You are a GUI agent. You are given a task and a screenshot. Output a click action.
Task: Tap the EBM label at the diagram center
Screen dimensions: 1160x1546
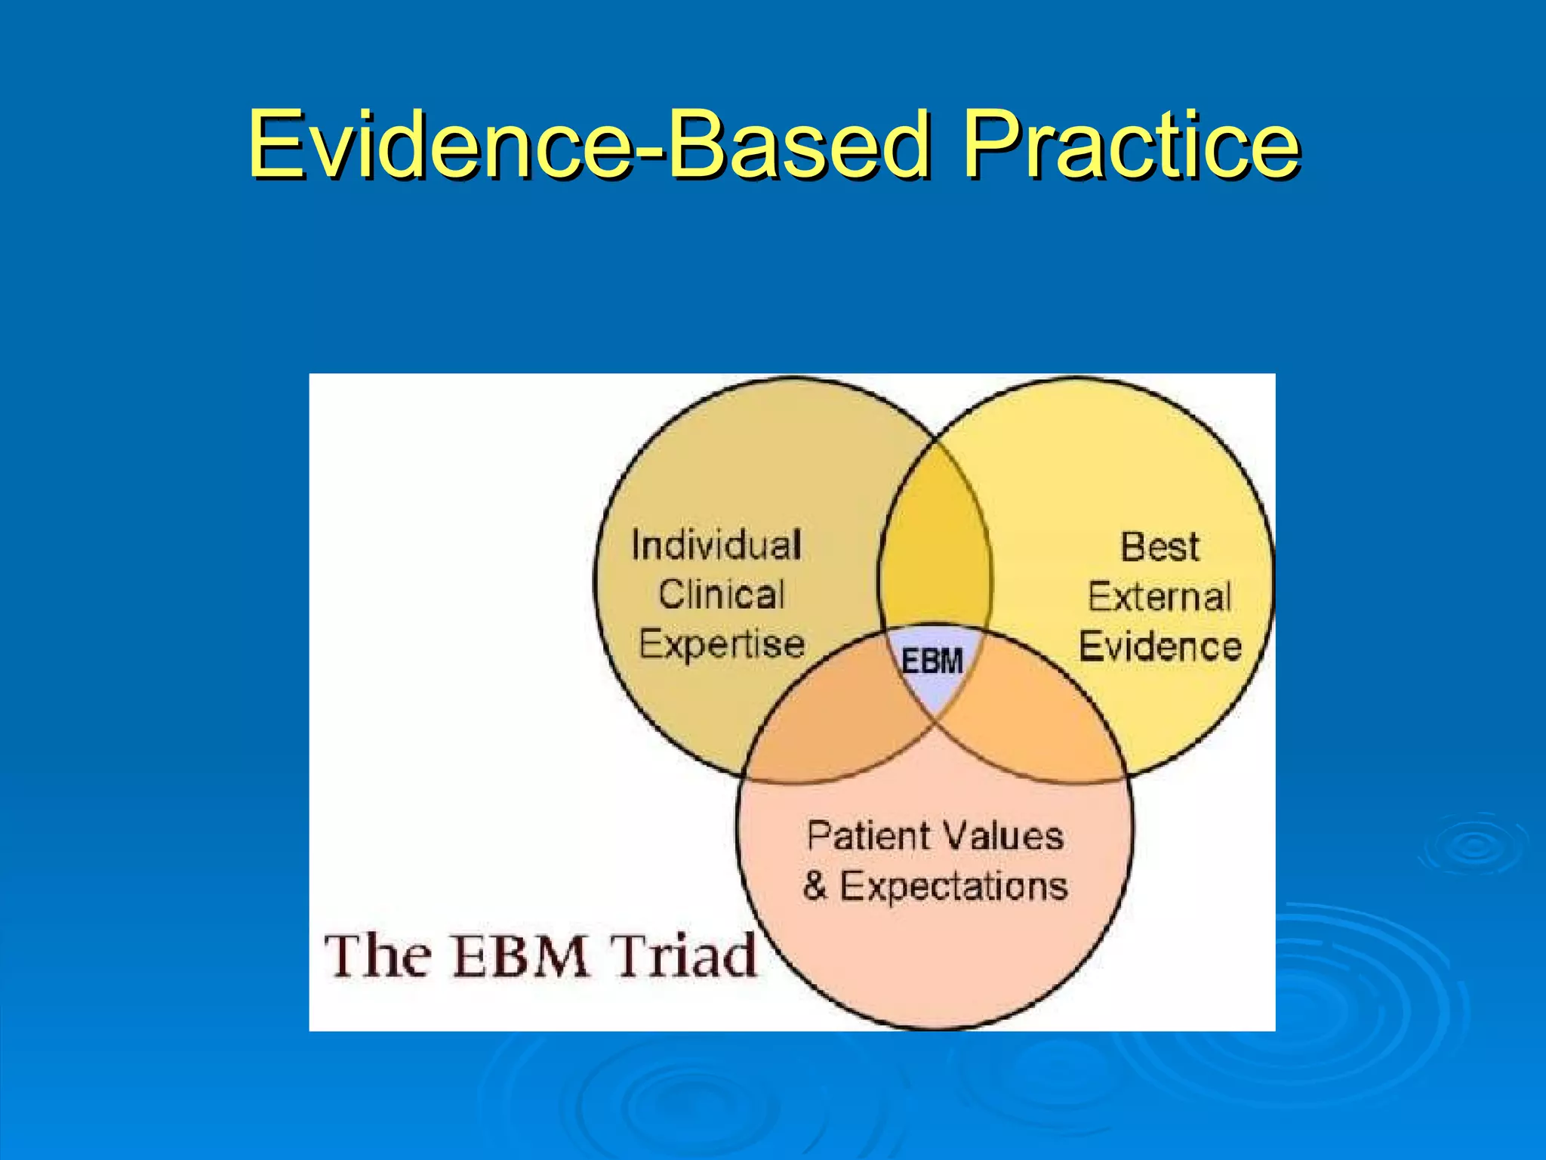coord(933,662)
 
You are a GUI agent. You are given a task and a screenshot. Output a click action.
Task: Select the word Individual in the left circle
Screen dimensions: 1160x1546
coord(716,545)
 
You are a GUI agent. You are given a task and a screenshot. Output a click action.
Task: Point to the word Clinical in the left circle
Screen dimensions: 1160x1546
coord(722,595)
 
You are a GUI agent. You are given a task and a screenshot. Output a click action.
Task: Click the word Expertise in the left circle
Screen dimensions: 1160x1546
coord(722,645)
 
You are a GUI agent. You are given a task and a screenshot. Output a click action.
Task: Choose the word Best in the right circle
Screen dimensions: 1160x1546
coord(1159,547)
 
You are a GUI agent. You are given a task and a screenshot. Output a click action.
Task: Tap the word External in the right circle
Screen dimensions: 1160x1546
coord(1159,597)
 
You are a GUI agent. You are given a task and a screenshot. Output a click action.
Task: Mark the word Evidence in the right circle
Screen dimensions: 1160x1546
coord(1159,647)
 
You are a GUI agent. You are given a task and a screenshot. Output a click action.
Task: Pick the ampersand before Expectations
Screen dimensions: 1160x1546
coord(815,886)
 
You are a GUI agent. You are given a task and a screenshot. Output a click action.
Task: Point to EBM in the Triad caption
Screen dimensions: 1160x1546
coord(521,956)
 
